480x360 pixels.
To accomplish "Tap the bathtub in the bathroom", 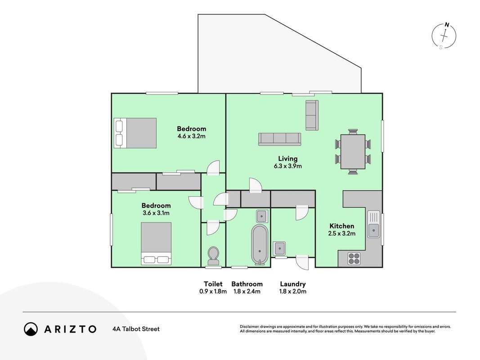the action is click(260, 245).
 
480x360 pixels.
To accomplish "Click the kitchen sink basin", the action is click(373, 230).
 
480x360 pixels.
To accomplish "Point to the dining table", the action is click(353, 152).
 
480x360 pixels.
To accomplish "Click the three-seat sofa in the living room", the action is click(279, 139).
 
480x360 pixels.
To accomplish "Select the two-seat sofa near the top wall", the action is click(312, 115).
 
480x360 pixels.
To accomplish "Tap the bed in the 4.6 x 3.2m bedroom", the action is click(135, 133).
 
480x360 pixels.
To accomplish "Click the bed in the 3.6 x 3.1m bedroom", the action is click(156, 243).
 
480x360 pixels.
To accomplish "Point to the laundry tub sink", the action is click(279, 248).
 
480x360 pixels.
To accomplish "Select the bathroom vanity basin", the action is click(262, 216).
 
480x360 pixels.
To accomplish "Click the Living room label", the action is click(288, 158).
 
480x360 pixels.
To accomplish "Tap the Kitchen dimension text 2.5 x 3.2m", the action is click(342, 234).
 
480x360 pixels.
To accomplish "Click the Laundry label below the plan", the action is click(293, 284).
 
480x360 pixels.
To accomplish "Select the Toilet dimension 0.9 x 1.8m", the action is click(213, 292).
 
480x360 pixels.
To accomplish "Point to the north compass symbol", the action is click(444, 36).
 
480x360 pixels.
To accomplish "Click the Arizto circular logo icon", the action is click(31, 329).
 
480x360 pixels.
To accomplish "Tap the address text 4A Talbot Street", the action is click(136, 329).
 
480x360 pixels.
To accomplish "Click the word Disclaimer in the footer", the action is click(250, 327).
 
